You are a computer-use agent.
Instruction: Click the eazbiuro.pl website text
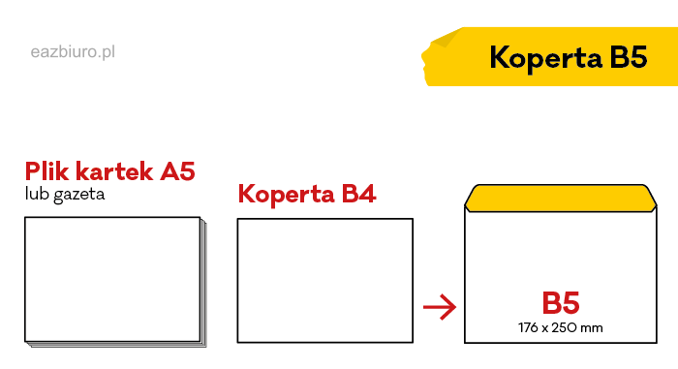pyautogui.click(x=73, y=51)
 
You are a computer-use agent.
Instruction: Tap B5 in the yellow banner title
pyautogui.click(x=628, y=57)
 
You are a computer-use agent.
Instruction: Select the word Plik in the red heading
pyautogui.click(x=50, y=172)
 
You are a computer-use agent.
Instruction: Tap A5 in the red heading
pyautogui.click(x=177, y=172)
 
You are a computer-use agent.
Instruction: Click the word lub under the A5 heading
pyautogui.click(x=36, y=195)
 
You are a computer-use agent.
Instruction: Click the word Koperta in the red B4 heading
pyautogui.click(x=285, y=195)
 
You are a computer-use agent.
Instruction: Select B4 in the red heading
pyautogui.click(x=357, y=195)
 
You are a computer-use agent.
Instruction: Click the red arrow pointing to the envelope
pyautogui.click(x=440, y=309)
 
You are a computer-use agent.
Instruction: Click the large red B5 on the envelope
pyautogui.click(x=561, y=302)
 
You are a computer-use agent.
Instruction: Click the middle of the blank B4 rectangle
pyautogui.click(x=324, y=280)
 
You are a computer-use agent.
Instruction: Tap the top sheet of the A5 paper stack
pyautogui.click(x=110, y=280)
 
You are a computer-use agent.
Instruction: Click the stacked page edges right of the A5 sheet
pyautogui.click(x=202, y=283)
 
